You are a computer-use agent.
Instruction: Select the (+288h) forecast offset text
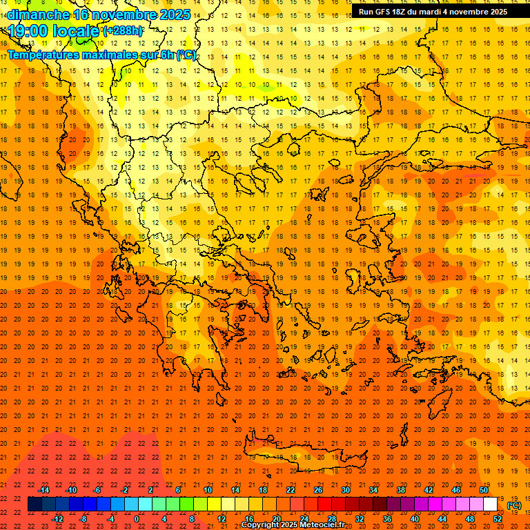point(123,30)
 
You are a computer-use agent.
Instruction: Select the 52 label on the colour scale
point(498,518)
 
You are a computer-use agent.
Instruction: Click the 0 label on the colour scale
point(136,518)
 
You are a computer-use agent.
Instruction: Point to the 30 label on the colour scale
point(345,489)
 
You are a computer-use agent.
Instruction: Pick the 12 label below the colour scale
point(222,518)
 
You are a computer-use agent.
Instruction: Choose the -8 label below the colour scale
point(84,518)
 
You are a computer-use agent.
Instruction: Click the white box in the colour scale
point(490,504)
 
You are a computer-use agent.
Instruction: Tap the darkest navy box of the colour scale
point(35,504)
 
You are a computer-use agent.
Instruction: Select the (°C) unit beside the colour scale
point(513,505)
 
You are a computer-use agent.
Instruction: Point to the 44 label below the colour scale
point(442,518)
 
